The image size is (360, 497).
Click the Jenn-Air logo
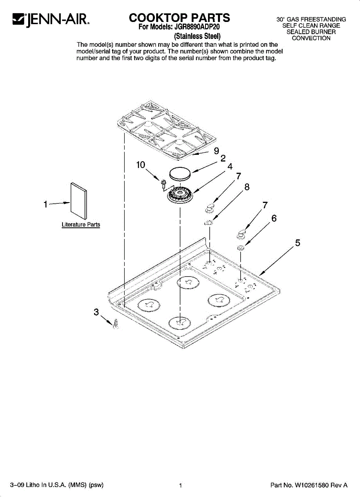coord(51,20)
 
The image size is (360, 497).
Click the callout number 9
coord(216,151)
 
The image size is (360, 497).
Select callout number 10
coord(140,165)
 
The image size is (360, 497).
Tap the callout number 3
coord(96,312)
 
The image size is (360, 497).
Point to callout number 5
coord(297,243)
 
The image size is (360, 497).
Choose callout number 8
coord(247,187)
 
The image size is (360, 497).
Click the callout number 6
coord(274,218)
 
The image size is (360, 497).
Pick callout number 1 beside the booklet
coord(46,204)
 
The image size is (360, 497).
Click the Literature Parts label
coord(81,224)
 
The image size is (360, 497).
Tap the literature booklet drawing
coord(79,201)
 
